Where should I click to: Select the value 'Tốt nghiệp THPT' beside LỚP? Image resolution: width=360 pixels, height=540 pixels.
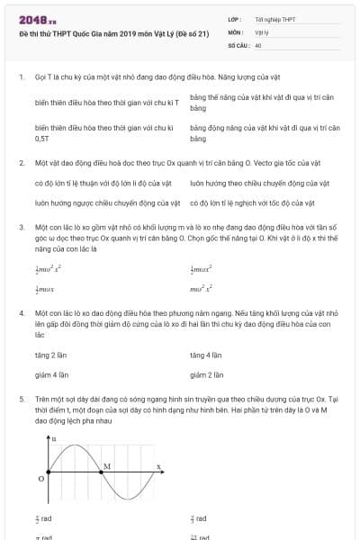(274, 19)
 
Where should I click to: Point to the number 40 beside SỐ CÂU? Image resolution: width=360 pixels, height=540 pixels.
(258, 44)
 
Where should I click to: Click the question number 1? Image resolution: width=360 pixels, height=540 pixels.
(21, 77)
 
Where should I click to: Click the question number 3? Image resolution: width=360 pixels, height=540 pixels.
(21, 228)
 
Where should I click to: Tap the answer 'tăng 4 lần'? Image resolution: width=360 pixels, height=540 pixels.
(207, 355)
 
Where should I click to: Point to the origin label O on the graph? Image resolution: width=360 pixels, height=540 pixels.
(40, 479)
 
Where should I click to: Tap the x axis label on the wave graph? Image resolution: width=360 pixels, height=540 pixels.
(158, 465)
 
